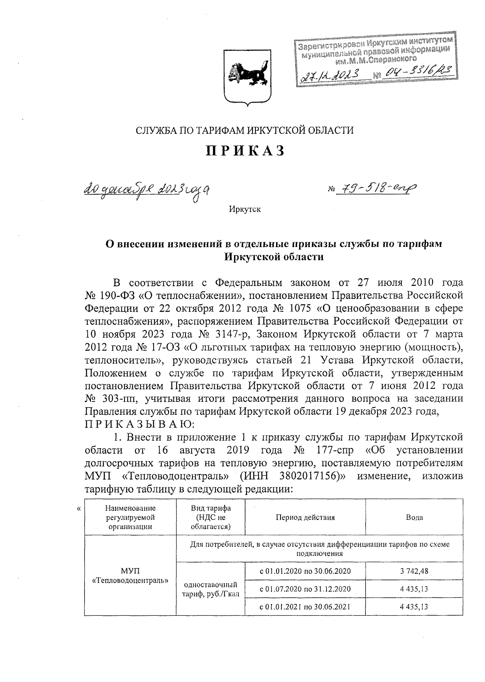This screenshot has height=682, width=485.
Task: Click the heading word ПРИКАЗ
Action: point(246,151)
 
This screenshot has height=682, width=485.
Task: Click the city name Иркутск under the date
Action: point(245,210)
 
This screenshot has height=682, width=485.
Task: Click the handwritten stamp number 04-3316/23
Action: point(414,72)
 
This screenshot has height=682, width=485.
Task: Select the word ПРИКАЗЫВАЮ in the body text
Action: point(140,424)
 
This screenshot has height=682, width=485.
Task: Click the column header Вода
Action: point(414,517)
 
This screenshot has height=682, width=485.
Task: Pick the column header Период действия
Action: point(305,517)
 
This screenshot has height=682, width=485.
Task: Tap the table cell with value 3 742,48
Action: point(414,571)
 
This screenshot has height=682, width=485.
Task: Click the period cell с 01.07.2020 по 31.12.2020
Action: point(305,589)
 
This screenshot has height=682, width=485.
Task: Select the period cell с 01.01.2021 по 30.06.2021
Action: point(305,606)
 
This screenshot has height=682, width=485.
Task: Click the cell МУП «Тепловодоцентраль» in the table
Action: point(130,576)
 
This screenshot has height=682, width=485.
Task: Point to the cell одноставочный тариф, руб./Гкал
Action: point(210,589)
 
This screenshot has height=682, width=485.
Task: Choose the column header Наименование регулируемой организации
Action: point(130,517)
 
